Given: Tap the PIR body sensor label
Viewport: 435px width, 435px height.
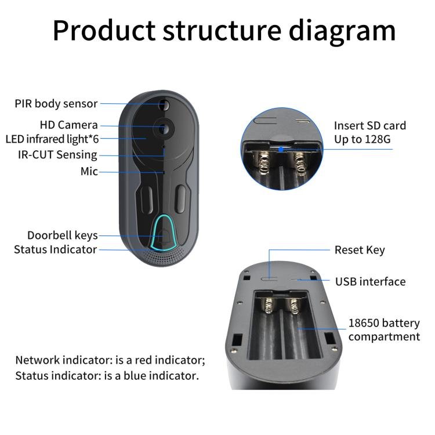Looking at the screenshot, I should (56, 104).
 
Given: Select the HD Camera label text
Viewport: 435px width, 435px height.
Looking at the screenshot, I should (68, 125).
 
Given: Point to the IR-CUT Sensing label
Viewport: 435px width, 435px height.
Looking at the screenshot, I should (57, 155).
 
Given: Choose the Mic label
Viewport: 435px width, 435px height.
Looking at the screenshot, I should (89, 172).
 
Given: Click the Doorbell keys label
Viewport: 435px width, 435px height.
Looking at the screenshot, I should (62, 235).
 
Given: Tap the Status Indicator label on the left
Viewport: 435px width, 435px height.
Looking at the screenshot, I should (55, 250).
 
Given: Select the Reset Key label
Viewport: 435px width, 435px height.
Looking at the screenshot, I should (360, 250).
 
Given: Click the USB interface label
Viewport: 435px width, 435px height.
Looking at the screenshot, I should (370, 282).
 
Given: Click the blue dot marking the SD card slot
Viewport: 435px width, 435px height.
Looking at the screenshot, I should (280, 148).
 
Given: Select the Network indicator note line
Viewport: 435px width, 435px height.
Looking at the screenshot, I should (110, 360).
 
